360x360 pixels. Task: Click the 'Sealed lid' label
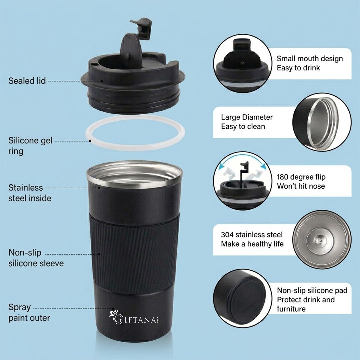point(27,81)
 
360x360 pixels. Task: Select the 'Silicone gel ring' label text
point(30,146)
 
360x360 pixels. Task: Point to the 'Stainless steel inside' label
point(30,193)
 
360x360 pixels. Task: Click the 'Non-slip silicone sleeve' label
point(36,258)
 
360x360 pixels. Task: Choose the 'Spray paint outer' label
point(29,312)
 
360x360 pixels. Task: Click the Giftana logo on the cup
point(134,317)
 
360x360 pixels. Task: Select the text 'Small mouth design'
point(310,59)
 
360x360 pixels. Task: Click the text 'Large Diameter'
point(247,117)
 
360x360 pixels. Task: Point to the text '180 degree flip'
point(301,177)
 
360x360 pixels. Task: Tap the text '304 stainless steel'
point(252,235)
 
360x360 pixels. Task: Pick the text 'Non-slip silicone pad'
point(312,290)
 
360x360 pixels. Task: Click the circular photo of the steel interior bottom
point(322,240)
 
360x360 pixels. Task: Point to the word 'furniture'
point(291,309)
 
